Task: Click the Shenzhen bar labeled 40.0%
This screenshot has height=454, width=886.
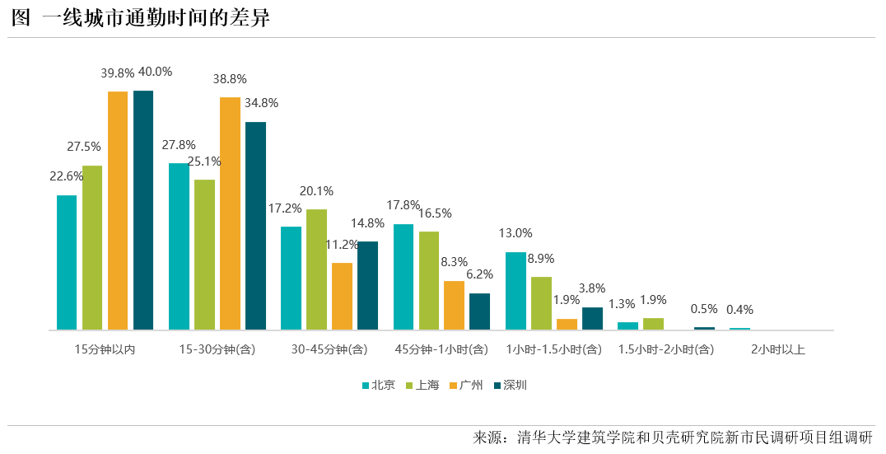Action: pyautogui.click(x=143, y=210)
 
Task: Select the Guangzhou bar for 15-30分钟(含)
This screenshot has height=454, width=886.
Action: pyautogui.click(x=230, y=213)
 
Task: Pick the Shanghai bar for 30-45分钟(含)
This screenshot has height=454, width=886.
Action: pyautogui.click(x=316, y=269)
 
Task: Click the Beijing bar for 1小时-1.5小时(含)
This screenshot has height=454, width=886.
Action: pyautogui.click(x=515, y=291)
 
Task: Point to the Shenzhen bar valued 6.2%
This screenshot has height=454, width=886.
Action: pyautogui.click(x=479, y=311)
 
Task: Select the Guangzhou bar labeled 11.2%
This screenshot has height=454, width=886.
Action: pyautogui.click(x=342, y=296)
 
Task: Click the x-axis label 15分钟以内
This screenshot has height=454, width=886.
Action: pyautogui.click(x=105, y=349)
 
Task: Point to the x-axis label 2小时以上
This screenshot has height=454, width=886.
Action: pyautogui.click(x=778, y=349)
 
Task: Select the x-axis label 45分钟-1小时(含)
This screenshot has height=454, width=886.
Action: pyautogui.click(x=441, y=349)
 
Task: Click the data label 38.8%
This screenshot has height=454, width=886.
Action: pyautogui.click(x=230, y=79)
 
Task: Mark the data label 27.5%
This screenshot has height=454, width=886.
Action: pyautogui.click(x=84, y=147)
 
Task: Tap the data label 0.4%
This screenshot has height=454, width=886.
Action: pyautogui.click(x=739, y=310)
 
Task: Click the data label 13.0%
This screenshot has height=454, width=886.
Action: pyautogui.click(x=515, y=233)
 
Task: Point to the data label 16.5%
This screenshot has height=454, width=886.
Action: pyautogui.click(x=435, y=213)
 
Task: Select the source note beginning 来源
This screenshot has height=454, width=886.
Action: pyautogui.click(x=672, y=438)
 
